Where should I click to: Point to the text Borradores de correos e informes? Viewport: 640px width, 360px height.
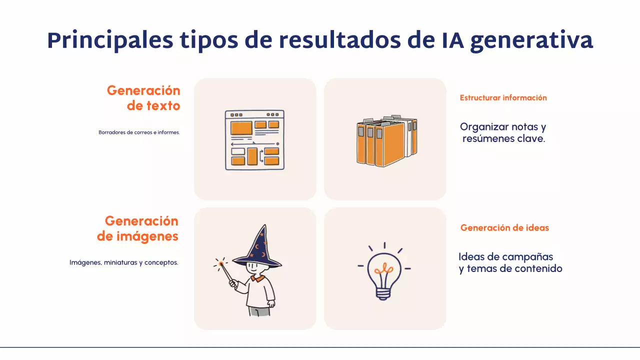pos(139,132)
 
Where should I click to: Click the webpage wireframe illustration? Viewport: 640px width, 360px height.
pos(254,140)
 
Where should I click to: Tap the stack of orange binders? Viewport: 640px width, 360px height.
pos(386,141)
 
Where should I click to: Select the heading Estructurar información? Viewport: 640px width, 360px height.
pos(503,98)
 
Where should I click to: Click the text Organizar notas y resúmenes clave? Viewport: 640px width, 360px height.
pos(503,132)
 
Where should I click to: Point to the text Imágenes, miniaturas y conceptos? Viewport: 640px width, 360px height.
pos(124,262)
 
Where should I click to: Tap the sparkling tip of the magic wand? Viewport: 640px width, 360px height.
pos(220,263)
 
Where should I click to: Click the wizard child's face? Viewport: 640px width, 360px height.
pos(256,269)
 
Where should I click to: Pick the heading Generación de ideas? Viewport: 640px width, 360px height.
pos(504,228)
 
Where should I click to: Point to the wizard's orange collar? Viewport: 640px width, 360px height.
pos(257,278)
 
